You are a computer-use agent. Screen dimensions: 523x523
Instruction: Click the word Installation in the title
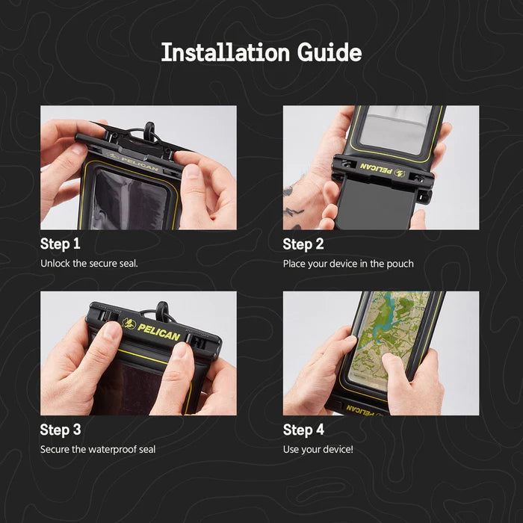[x=226, y=52]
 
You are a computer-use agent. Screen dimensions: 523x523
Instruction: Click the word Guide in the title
[x=329, y=52]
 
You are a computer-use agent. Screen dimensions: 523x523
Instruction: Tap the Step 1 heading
[x=60, y=244]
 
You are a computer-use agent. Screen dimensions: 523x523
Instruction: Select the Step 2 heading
[x=303, y=244]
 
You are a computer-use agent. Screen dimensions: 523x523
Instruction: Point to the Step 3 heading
[x=61, y=430]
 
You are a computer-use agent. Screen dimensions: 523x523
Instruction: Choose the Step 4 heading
[x=303, y=430]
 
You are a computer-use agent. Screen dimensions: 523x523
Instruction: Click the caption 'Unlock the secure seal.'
[x=89, y=264]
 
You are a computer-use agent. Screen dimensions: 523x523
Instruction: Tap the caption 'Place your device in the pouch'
[x=348, y=264]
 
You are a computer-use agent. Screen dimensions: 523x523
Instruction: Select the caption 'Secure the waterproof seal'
[x=98, y=449]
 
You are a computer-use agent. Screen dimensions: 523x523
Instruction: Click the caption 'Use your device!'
[x=318, y=449]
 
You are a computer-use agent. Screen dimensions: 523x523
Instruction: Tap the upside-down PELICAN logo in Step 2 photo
[x=383, y=169]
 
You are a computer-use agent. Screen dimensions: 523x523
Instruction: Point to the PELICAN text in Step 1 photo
[x=140, y=163]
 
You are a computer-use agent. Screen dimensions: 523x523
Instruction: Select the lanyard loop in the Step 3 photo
[x=162, y=311]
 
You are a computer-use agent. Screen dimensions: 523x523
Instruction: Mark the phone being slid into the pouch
[x=375, y=204]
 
